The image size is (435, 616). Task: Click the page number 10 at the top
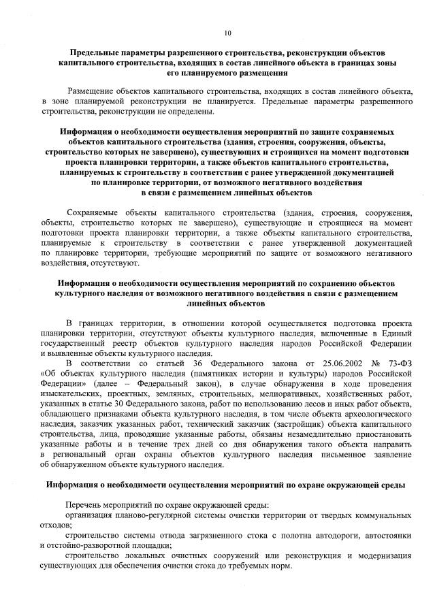click(227, 32)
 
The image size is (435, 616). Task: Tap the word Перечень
click(85, 506)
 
